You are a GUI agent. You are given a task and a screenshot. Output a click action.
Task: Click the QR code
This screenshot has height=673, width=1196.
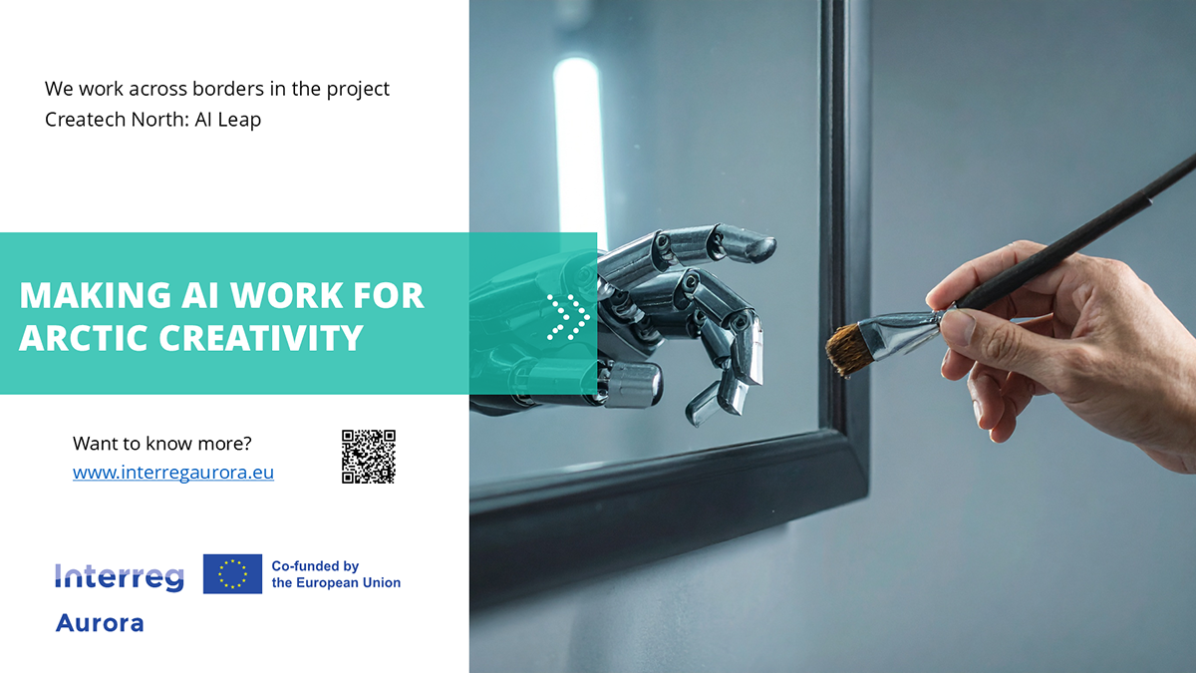point(369,457)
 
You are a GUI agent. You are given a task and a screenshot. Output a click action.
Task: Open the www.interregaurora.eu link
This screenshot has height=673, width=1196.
point(173,473)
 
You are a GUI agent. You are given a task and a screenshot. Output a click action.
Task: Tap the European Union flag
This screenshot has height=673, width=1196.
point(232,574)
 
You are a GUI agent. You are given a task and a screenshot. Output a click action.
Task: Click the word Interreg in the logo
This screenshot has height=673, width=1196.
point(120,576)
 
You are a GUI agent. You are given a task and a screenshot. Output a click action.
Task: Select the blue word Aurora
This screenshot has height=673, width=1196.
point(100,623)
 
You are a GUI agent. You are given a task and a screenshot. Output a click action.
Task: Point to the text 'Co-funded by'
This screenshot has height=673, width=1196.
point(315,566)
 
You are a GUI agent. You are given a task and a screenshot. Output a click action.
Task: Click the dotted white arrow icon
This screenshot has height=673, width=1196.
point(568,317)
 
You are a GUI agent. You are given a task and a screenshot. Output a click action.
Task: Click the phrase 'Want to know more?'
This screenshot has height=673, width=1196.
point(162,444)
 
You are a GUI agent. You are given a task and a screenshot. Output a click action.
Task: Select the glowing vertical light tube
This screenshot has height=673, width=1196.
point(578,150)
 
